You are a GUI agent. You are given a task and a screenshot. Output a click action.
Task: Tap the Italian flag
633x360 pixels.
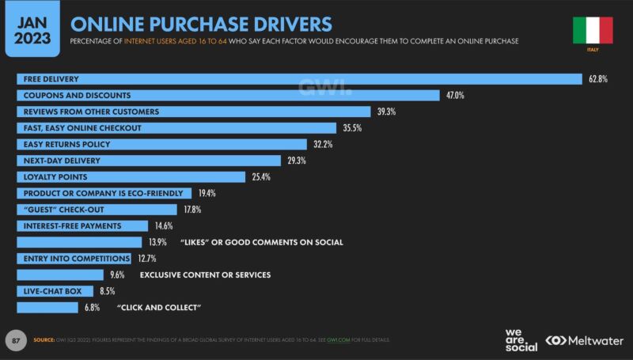point(593,30)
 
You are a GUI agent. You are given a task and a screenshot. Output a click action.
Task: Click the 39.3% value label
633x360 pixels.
point(386,112)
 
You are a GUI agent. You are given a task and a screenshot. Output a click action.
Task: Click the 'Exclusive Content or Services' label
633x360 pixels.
point(205,275)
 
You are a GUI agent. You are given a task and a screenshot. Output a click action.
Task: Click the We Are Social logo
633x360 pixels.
point(521,339)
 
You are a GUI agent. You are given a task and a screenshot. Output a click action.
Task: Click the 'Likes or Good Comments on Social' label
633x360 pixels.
point(261,242)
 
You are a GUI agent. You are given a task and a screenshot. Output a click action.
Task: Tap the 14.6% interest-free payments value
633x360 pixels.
point(163,225)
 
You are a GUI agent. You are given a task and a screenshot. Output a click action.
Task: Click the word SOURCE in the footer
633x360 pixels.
point(44,340)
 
